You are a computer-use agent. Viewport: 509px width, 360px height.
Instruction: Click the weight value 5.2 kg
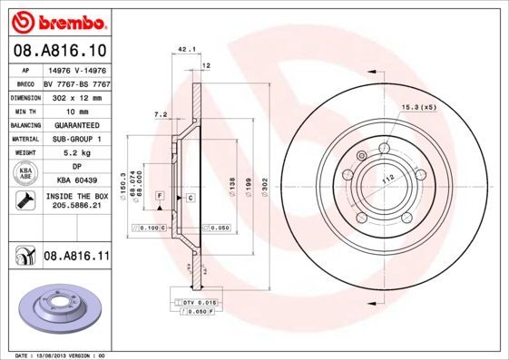pos(76,153)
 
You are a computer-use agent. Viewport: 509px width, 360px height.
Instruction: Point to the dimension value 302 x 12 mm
pos(77,96)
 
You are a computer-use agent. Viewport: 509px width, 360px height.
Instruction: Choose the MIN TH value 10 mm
pos(76,111)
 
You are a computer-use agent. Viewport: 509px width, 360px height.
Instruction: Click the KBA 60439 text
pos(76,181)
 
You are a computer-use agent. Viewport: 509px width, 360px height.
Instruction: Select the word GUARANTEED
pos(76,125)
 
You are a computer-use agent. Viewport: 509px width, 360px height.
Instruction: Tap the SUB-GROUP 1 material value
pos(76,139)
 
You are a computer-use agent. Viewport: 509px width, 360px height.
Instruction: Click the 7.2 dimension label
pos(161,114)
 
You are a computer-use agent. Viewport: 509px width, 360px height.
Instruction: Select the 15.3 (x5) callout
pos(419,108)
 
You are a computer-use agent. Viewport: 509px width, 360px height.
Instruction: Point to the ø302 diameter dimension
pos(264,186)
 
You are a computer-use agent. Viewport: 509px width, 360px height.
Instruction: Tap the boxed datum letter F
pos(159,196)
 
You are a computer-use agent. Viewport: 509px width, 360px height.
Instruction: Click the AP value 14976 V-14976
pos(76,69)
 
